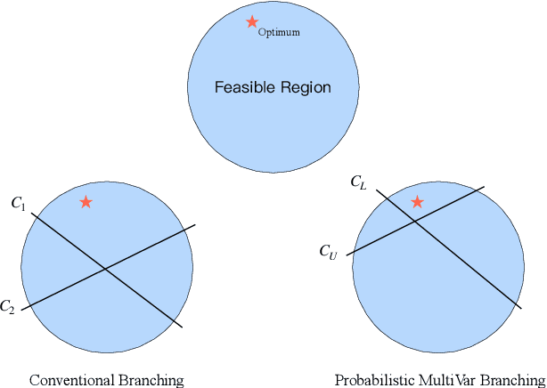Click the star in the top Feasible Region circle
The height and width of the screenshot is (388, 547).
252,22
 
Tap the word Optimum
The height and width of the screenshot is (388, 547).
279,33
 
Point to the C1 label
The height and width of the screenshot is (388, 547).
19,204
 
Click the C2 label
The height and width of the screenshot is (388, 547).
8,307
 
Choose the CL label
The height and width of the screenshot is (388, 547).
358,183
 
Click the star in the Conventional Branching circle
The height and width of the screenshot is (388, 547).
86,202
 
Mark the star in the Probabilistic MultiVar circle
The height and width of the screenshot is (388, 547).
417,202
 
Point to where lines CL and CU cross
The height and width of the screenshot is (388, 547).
413,222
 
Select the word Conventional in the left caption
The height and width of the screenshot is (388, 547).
71,380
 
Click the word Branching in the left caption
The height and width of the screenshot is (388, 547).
151,380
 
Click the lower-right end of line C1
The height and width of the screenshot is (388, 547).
183,327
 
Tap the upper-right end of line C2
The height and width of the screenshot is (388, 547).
195,225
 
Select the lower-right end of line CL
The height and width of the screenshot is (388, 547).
521,307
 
